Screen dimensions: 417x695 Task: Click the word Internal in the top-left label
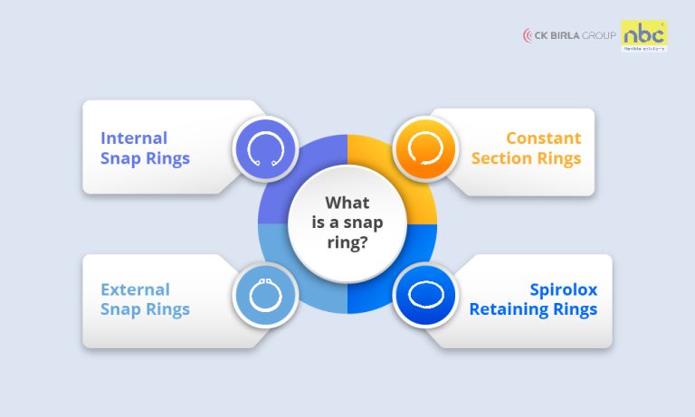pyautogui.click(x=134, y=138)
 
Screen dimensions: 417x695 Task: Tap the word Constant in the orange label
pyautogui.click(x=543, y=138)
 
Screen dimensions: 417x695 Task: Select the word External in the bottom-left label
pyautogui.click(x=135, y=289)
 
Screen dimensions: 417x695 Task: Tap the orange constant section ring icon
pyautogui.click(x=424, y=147)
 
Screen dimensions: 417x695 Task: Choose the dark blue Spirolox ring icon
pyautogui.click(x=424, y=295)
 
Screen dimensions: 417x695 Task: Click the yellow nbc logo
pyautogui.click(x=644, y=34)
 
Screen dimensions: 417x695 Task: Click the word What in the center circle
pyautogui.click(x=347, y=203)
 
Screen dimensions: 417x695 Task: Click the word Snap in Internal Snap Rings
pyautogui.click(x=121, y=158)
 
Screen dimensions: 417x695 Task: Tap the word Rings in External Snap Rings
pyautogui.click(x=168, y=309)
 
